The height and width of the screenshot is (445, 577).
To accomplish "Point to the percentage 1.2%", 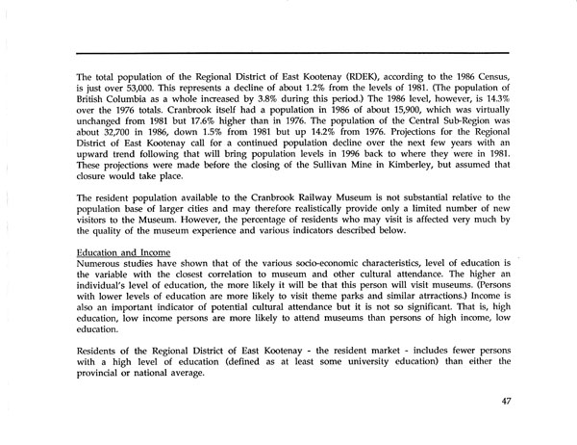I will (282, 84).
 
